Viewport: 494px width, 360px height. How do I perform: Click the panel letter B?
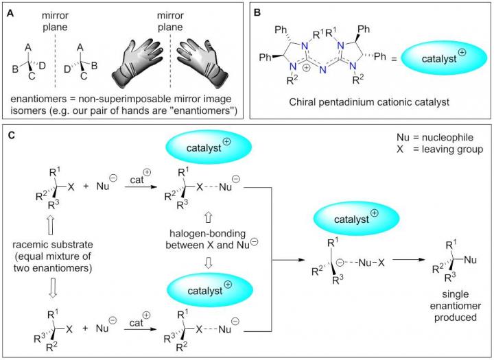(261, 11)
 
